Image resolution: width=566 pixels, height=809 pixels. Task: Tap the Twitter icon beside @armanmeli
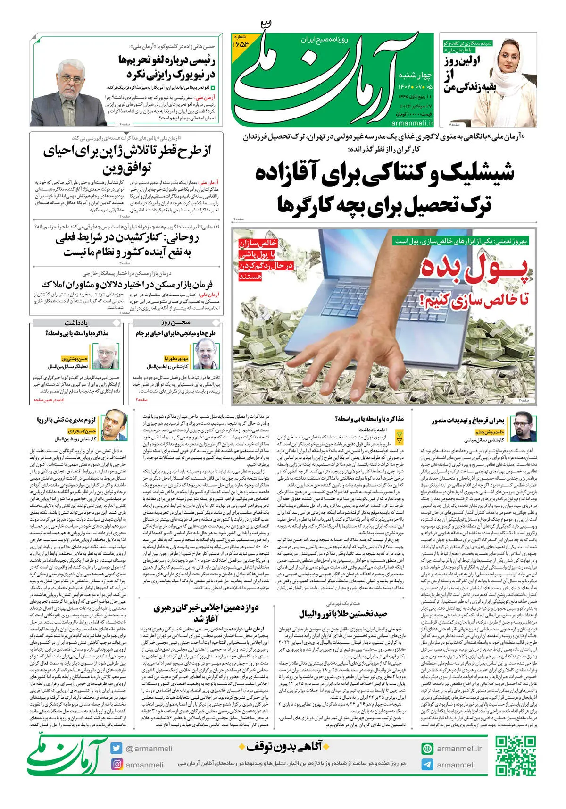coord(117,748)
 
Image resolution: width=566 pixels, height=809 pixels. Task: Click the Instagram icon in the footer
coord(117,764)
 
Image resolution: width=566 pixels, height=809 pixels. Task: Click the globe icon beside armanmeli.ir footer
coord(427,749)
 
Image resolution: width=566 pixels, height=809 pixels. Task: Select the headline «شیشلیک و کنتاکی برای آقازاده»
coord(384,173)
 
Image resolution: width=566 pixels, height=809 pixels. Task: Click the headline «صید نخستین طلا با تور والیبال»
coord(343,614)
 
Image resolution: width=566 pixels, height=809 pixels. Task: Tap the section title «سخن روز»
coord(175,323)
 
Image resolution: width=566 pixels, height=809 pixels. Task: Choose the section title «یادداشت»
coord(76,323)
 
